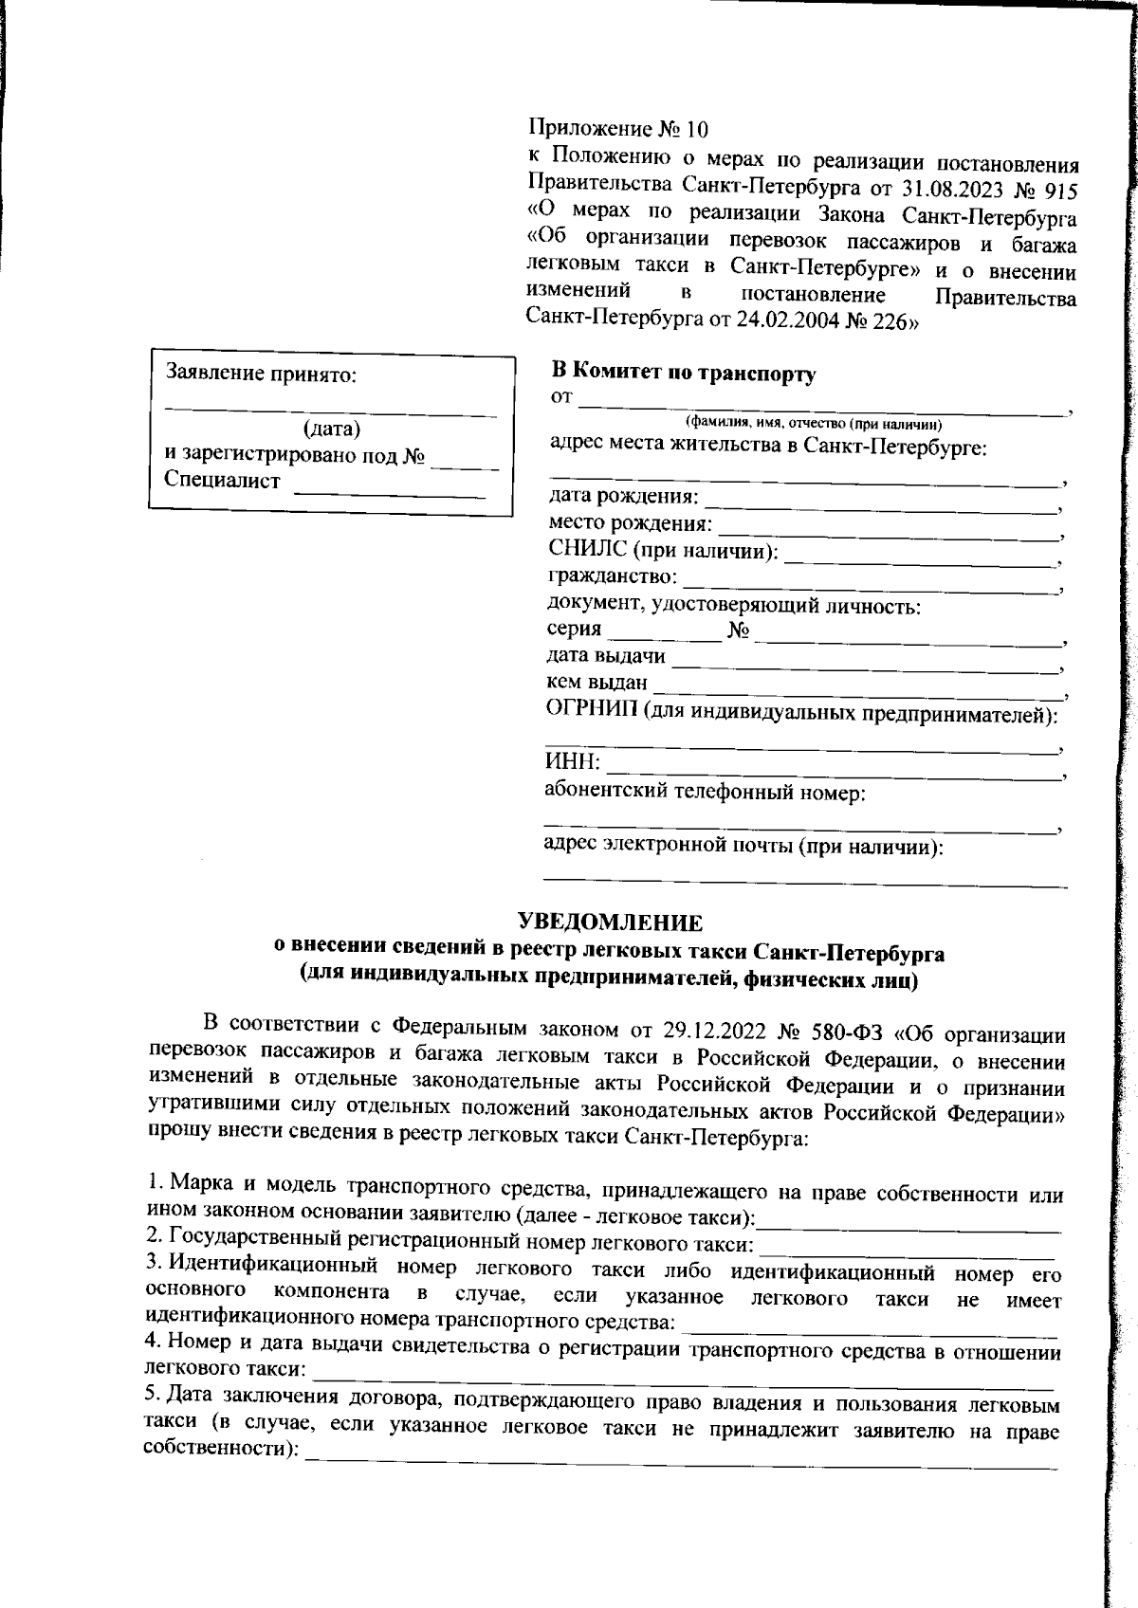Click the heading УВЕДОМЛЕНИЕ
(610, 922)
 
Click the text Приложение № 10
(617, 129)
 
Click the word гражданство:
(613, 576)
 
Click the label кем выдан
(597, 682)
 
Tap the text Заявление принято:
(262, 374)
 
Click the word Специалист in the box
(222, 481)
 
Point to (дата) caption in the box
(331, 429)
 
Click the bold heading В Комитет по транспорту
(683, 374)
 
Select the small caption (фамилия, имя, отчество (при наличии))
(813, 424)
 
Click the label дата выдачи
(606, 656)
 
